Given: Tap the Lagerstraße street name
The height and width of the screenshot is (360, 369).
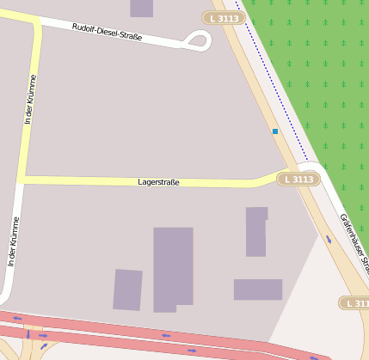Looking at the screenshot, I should tap(158, 182).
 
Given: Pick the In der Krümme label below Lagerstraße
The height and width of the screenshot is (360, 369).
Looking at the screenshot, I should tap(13, 241).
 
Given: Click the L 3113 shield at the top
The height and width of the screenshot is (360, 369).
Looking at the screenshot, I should tap(223, 17).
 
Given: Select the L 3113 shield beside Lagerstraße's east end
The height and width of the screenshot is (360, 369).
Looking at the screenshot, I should tap(298, 179).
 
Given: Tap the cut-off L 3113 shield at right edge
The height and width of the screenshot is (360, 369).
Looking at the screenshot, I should tap(355, 303).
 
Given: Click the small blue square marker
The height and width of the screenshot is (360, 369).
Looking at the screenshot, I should tap(275, 131).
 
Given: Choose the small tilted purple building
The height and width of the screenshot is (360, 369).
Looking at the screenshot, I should tap(127, 290).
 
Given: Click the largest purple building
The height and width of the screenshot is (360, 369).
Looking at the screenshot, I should tap(172, 267).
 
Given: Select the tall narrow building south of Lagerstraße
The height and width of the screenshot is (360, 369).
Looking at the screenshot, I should tap(256, 231).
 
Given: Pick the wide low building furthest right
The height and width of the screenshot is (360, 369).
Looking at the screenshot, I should tap(258, 290).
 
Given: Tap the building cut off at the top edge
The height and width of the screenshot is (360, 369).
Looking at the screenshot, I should tap(142, 8).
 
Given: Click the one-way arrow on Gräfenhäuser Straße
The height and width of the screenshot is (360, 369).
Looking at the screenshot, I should tap(329, 239).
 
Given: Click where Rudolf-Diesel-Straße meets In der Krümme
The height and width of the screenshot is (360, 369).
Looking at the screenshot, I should tap(35, 23).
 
